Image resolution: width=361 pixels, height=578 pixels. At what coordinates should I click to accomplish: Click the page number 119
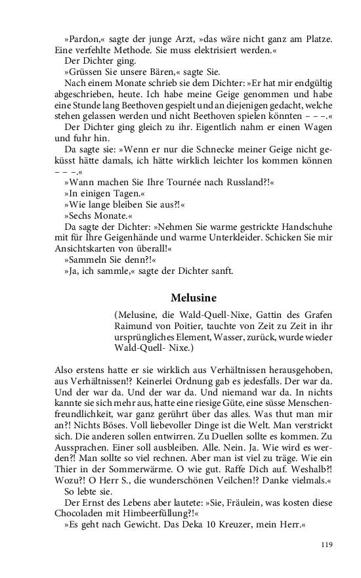[x=327, y=544]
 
